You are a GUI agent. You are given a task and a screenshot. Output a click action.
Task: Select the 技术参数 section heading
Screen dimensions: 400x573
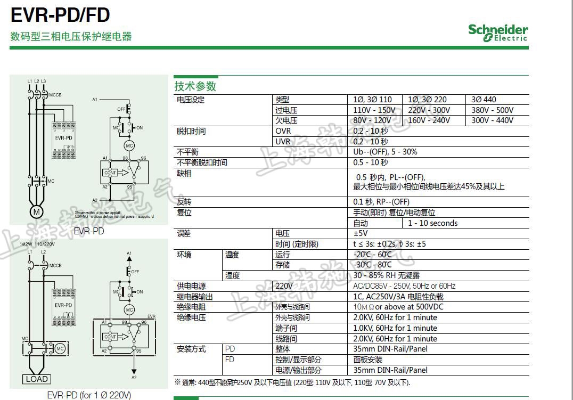click(x=195, y=86)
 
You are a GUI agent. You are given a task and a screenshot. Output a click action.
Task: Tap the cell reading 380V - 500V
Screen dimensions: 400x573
click(x=493, y=110)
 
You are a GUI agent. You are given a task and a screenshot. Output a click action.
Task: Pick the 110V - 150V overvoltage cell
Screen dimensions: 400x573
click(x=374, y=110)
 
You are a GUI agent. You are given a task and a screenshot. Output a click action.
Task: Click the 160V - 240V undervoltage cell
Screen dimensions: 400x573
click(x=429, y=120)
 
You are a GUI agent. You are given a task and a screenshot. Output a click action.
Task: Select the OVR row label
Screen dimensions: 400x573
click(x=283, y=131)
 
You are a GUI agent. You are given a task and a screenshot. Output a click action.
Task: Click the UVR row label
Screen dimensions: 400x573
click(x=283, y=142)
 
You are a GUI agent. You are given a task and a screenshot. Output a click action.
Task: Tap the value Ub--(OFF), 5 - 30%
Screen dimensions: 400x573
click(x=386, y=152)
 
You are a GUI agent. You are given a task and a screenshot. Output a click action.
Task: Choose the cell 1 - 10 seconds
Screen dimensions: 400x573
click(x=433, y=223)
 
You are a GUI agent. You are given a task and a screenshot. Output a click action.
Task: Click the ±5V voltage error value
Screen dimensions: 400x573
click(x=361, y=233)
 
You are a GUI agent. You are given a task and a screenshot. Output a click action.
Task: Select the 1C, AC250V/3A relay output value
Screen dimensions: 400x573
click(x=398, y=297)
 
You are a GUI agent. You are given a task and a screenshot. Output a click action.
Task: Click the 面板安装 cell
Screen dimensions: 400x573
click(x=368, y=360)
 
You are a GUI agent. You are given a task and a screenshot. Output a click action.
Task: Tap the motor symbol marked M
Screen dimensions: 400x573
click(x=36, y=212)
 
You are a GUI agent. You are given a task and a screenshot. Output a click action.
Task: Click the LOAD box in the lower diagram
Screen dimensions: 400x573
click(x=36, y=379)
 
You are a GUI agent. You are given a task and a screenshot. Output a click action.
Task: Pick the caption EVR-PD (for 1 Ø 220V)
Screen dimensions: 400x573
click(x=89, y=395)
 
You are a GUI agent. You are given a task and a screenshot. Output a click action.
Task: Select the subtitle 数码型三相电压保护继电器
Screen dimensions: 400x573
click(x=71, y=37)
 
